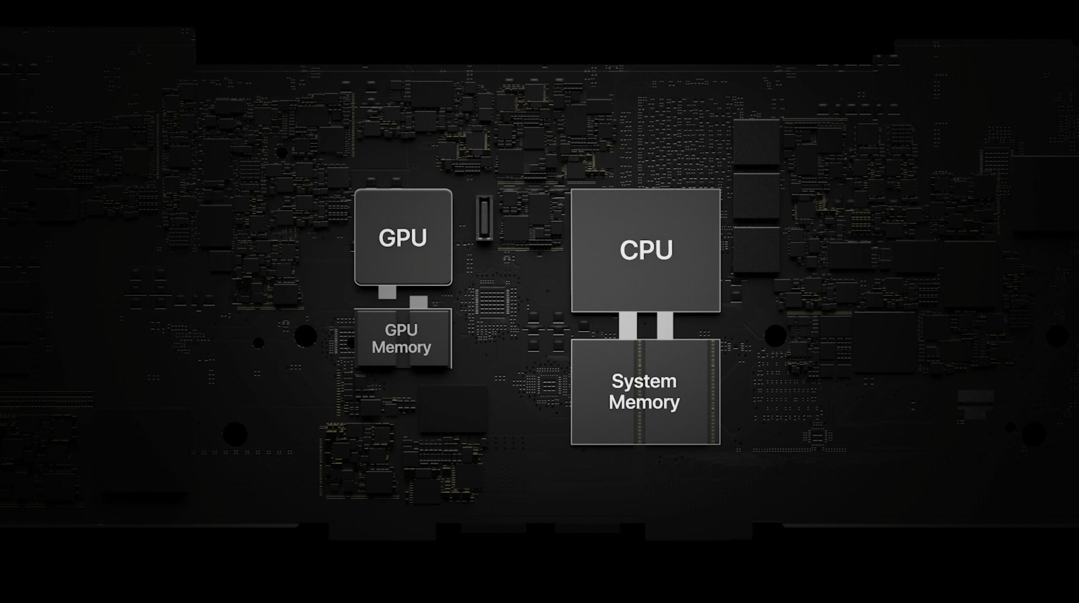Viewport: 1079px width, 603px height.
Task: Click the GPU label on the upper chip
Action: coord(403,238)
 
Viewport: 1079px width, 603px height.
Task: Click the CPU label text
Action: coord(646,250)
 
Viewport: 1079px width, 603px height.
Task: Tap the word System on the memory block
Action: coord(644,381)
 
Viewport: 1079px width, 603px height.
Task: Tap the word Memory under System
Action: coord(644,402)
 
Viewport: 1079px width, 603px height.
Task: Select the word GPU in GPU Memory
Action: coord(401,330)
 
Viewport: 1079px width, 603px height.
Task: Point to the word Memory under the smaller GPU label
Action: coord(401,348)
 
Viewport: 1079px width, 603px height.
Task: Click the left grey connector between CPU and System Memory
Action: coord(628,325)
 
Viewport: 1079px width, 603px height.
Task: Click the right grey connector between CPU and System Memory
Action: coord(665,325)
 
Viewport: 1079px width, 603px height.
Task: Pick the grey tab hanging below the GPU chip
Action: coord(387,292)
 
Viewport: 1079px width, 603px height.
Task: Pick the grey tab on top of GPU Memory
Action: coord(418,302)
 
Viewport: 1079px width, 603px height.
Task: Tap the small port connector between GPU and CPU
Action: coord(484,218)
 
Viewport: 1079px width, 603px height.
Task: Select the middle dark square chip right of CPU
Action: coord(756,196)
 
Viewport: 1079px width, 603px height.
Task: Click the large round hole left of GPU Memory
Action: coord(305,336)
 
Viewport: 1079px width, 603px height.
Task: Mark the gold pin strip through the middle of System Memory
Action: coord(640,391)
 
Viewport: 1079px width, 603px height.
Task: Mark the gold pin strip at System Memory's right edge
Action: coord(713,391)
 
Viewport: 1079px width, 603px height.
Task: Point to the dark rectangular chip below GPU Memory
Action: coord(453,409)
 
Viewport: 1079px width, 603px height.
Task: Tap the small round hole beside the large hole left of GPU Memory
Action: coord(258,343)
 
